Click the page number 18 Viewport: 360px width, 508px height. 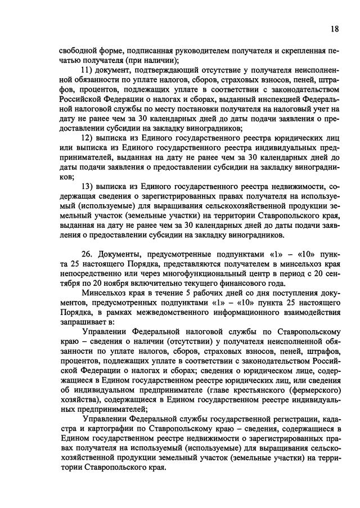tap(335, 29)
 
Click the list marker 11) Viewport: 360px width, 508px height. tap(89, 69)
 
